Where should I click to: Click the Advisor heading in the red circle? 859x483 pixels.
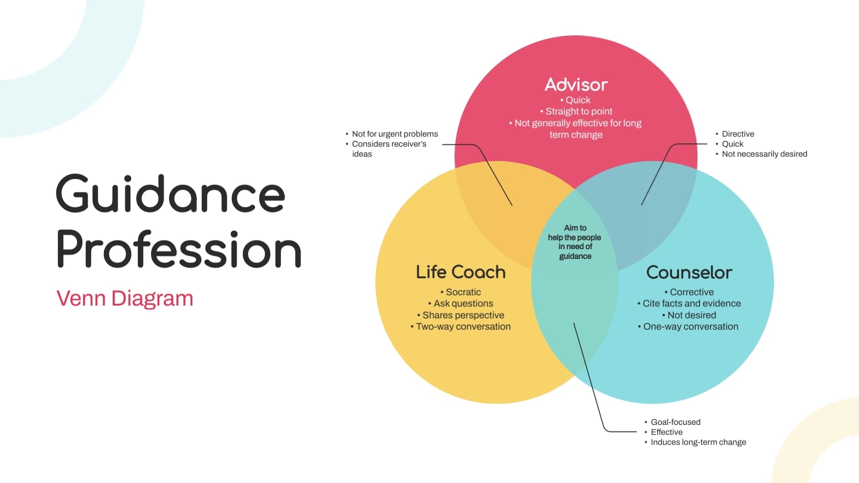tap(576, 85)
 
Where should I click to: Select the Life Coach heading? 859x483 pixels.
tap(461, 272)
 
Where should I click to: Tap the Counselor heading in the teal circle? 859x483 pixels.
tap(689, 272)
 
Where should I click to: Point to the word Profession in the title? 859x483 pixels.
tap(179, 250)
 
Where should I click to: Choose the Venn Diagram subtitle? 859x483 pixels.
tap(125, 298)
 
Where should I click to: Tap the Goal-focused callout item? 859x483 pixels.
tap(676, 422)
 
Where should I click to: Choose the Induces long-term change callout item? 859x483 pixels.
tap(698, 442)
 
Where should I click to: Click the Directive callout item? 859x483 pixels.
tap(738, 134)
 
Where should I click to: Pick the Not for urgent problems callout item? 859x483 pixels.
tap(395, 134)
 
